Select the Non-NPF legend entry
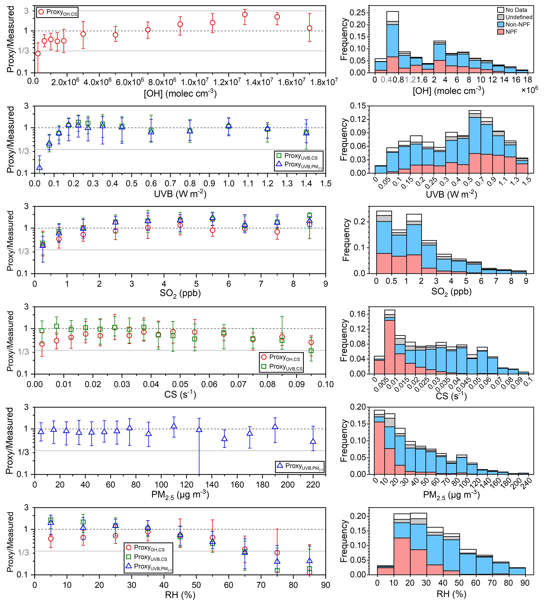tap(517, 24)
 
